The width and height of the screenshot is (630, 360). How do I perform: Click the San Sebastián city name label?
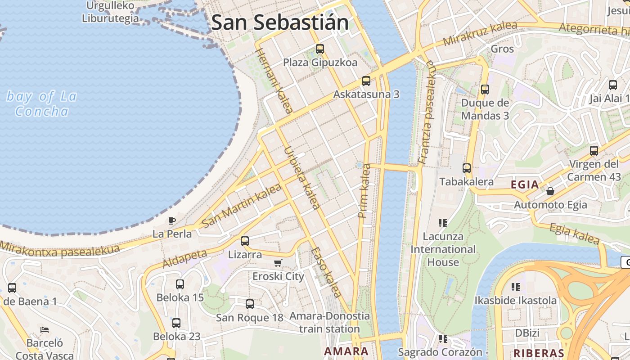280,22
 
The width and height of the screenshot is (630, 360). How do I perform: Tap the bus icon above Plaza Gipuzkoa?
320,49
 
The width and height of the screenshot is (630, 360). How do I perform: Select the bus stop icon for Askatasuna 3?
366,81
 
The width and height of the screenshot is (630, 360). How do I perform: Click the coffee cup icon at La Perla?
171,220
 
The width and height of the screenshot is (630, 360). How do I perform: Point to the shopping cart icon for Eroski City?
278,263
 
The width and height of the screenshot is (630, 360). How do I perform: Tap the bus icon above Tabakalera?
467,168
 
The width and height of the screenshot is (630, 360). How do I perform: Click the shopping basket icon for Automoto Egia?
550,191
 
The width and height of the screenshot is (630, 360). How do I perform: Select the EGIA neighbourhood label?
525,184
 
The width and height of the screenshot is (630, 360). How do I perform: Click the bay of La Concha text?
42,104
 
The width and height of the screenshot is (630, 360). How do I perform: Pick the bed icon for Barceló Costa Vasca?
45,330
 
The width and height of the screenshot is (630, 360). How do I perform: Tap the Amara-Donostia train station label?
329,322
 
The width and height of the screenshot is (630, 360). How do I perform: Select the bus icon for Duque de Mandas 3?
485,89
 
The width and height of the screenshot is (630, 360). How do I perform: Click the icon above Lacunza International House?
443,223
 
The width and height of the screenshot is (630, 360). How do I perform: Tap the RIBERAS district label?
539,353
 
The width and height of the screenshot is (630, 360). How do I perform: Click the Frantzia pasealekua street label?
426,112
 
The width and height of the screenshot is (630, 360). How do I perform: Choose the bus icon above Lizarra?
245,241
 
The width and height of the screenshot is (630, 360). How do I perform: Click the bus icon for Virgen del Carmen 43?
594,151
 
